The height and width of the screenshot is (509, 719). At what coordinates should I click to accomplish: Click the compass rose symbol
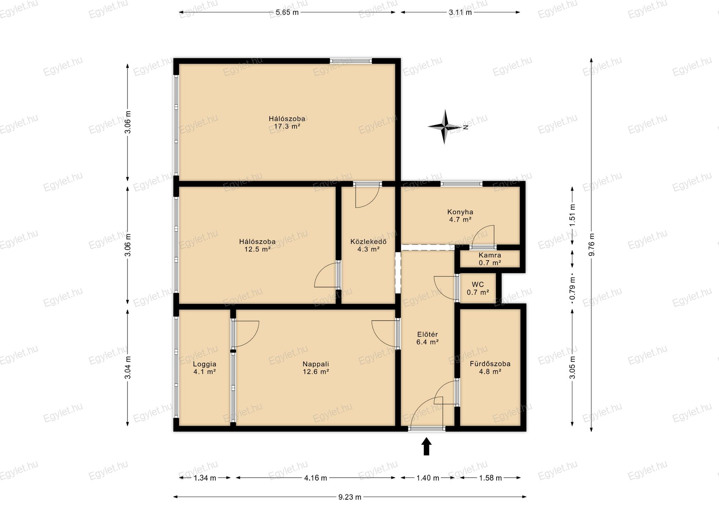tap(445, 127)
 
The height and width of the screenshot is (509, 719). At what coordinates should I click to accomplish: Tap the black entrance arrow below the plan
tap(426, 446)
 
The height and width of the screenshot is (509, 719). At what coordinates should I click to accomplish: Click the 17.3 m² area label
tap(287, 127)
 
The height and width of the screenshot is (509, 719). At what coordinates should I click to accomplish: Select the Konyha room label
tap(460, 212)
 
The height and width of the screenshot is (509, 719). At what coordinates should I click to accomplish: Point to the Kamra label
tap(489, 255)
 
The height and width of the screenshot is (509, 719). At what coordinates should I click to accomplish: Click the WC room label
tap(478, 284)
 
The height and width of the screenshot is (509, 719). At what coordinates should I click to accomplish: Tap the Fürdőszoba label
tap(490, 364)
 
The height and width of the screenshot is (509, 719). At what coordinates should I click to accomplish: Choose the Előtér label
tap(427, 334)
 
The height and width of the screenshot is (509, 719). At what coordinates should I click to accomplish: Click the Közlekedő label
tap(368, 241)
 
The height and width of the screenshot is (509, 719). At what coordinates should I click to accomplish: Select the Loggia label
tap(204, 364)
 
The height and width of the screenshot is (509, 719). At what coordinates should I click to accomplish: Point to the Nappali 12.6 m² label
tap(316, 368)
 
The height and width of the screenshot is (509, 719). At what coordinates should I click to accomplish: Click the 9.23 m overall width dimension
tap(350, 497)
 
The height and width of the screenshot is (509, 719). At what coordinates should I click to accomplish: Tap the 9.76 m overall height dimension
tap(591, 245)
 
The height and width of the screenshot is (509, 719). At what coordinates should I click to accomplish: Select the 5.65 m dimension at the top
tap(287, 12)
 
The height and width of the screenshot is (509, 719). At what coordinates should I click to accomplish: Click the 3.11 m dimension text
tap(460, 12)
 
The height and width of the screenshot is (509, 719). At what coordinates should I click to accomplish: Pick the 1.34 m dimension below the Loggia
tap(204, 478)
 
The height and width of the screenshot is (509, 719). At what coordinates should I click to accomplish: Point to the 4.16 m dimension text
tap(315, 478)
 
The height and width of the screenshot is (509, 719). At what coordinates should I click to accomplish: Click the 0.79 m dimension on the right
tap(572, 288)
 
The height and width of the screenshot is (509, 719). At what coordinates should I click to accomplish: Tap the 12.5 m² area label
tap(257, 249)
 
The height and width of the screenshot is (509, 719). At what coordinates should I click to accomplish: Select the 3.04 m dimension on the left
tap(128, 367)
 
